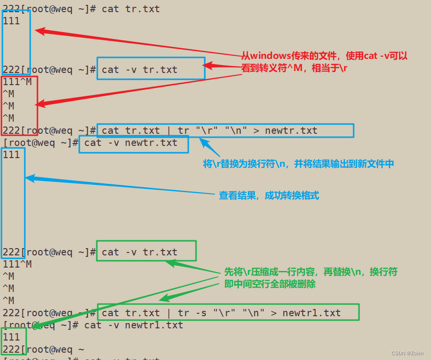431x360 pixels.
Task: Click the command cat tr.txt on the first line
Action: [x=130, y=9]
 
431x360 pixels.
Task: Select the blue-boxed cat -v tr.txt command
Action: [x=140, y=70]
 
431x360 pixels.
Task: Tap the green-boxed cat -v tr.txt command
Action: [x=140, y=252]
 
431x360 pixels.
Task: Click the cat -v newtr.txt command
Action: [x=131, y=143]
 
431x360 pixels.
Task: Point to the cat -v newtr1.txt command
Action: [x=134, y=325]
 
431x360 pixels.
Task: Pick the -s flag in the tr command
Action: [x=198, y=313]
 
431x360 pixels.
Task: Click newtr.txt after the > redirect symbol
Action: [x=290, y=130]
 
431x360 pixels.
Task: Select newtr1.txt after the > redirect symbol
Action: [x=311, y=313]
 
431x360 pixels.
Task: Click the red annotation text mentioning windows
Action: [x=324, y=56]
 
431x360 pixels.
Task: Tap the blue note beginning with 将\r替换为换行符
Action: [x=298, y=164]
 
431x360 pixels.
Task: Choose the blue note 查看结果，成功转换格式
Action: [x=269, y=196]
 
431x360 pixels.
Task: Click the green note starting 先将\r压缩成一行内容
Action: [x=310, y=271]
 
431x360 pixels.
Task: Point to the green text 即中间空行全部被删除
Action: [x=269, y=284]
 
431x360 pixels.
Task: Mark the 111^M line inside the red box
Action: [x=18, y=82]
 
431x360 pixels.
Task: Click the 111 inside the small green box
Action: [x=12, y=337]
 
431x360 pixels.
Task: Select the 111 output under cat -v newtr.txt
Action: [x=12, y=155]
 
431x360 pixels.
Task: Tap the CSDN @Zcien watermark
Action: [x=408, y=353]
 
